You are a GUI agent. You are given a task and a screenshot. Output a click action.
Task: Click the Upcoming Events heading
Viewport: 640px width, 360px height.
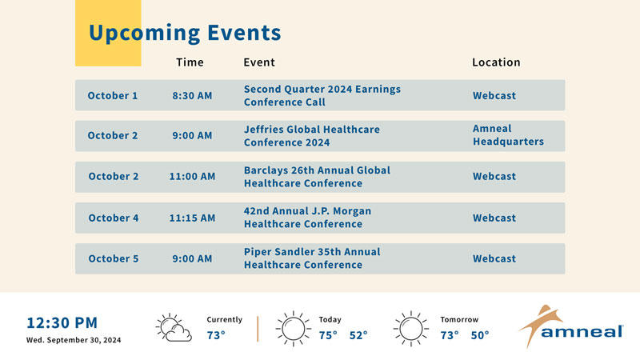[185, 33]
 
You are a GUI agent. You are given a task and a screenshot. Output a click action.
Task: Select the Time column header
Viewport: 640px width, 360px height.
[190, 62]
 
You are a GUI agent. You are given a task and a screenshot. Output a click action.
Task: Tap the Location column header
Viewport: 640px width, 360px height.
[496, 62]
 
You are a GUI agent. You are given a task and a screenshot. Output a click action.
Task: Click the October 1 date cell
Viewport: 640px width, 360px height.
[113, 95]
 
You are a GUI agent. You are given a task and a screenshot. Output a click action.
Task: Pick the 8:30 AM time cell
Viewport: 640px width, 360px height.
[192, 95]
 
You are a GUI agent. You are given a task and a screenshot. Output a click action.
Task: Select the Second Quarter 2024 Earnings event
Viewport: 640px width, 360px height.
[322, 95]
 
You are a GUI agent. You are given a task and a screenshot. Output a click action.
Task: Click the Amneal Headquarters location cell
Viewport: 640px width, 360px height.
[508, 135]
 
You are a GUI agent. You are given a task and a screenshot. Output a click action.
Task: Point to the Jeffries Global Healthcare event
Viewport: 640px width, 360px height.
[312, 136]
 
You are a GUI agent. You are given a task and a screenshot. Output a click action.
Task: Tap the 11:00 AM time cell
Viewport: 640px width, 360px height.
[192, 176]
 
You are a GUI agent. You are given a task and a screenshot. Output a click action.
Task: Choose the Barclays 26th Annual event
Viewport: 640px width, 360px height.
[317, 177]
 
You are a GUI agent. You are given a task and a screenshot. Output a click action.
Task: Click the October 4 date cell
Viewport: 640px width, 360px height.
[114, 218]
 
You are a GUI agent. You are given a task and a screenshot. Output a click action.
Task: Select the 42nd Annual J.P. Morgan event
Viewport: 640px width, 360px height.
[308, 218]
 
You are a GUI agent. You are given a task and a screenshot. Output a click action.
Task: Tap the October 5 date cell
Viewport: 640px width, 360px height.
[114, 258]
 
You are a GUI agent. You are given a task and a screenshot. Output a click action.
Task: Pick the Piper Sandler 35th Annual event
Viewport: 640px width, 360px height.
[312, 258]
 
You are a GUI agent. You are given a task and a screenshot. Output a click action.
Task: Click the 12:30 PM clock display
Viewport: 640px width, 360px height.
[62, 323]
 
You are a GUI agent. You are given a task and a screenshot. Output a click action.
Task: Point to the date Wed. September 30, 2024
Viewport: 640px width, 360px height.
[74, 340]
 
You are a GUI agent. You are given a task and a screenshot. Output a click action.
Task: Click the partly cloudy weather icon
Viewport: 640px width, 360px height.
[174, 327]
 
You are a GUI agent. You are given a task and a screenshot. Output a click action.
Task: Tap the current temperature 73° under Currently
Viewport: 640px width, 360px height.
[216, 335]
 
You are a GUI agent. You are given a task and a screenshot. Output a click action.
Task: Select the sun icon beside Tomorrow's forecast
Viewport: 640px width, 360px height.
[411, 329]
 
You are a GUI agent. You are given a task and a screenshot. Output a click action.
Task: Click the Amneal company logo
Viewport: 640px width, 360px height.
[571, 326]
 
